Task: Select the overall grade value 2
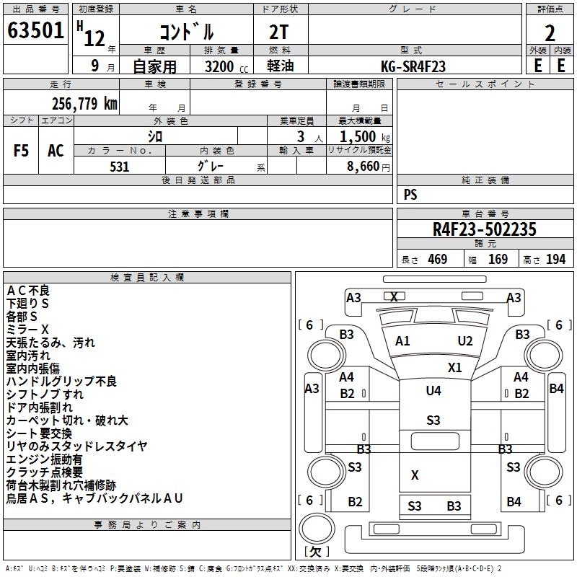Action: click(x=550, y=32)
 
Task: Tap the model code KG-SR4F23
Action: click(x=413, y=66)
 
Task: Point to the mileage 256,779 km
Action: click(x=84, y=104)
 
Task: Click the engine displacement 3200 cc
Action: click(x=220, y=66)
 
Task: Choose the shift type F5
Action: click(x=22, y=151)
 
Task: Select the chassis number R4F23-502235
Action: click(x=485, y=230)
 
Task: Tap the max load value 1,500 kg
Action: click(x=360, y=136)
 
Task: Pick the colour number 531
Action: click(x=120, y=167)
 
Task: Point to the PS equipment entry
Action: click(x=410, y=195)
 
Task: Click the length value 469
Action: click(x=437, y=260)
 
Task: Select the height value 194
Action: click(x=555, y=260)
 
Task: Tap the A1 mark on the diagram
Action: click(x=402, y=341)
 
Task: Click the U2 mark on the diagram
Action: click(x=465, y=341)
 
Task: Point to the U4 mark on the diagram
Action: click(x=433, y=390)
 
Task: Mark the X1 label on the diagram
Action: click(x=454, y=367)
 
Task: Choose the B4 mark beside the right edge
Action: click(x=556, y=388)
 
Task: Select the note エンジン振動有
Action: click(x=44, y=459)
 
